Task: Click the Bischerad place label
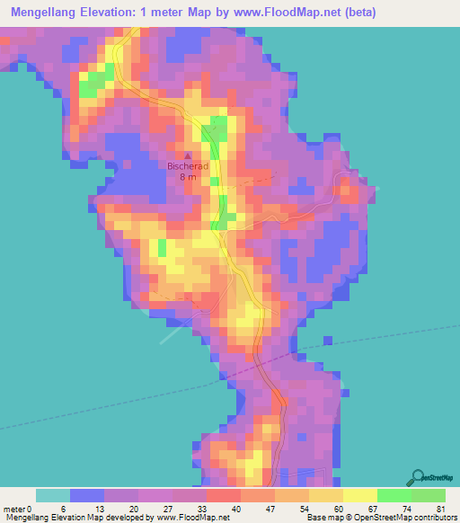188,165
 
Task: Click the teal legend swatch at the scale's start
53,495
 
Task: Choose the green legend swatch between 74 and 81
429,495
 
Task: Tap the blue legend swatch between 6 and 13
87,495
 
